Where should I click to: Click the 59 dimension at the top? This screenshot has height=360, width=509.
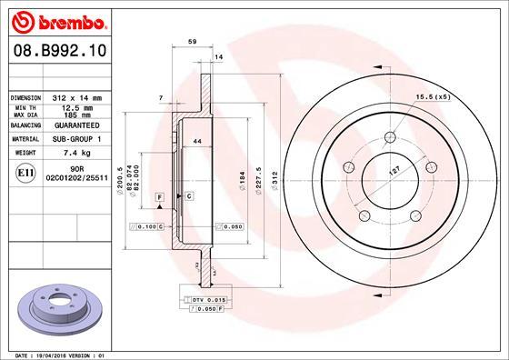192,42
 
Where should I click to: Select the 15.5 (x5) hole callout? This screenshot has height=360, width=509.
433,96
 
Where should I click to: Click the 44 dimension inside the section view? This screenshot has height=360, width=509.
196,141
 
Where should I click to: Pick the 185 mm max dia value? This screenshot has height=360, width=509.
74,115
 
